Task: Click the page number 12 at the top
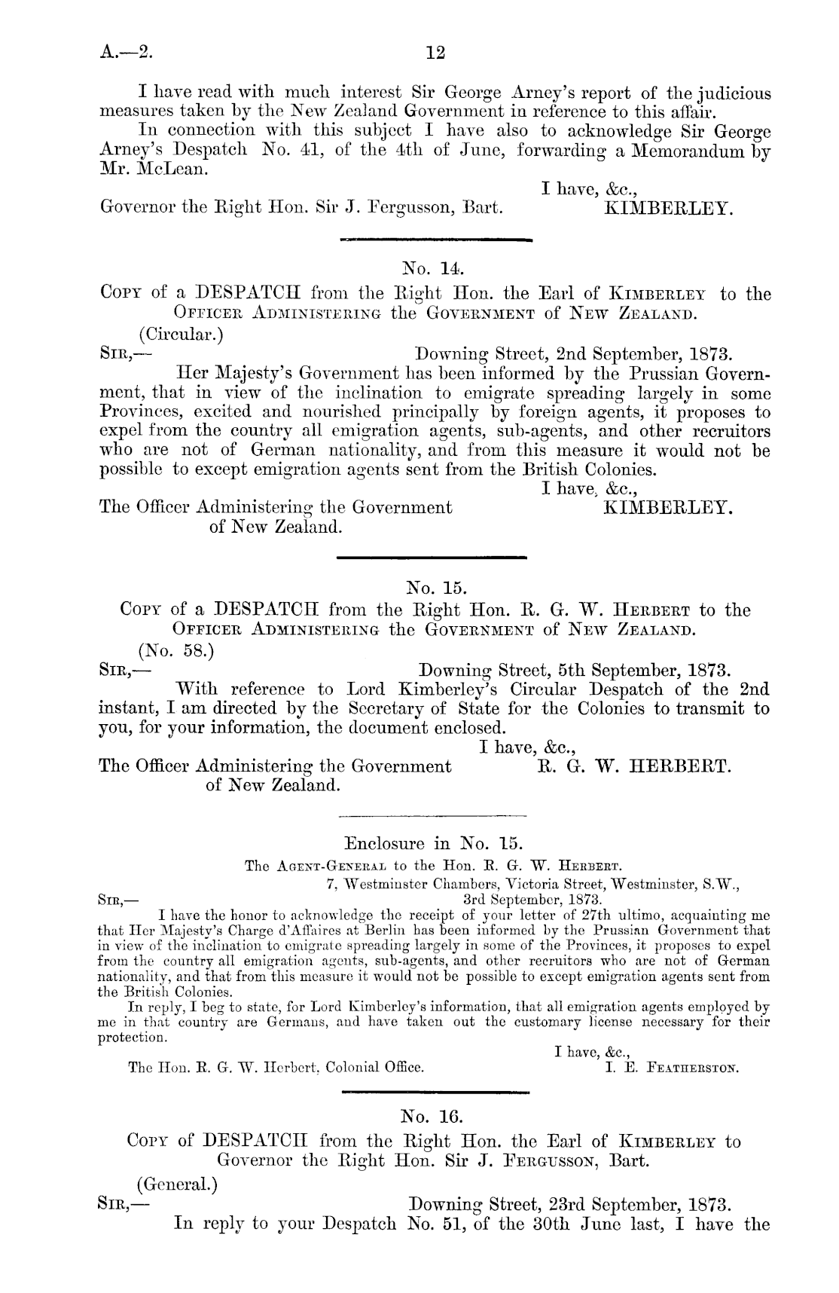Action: pos(435,53)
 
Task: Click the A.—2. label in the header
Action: pos(127,53)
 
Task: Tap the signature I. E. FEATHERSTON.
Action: pos(673,1068)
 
